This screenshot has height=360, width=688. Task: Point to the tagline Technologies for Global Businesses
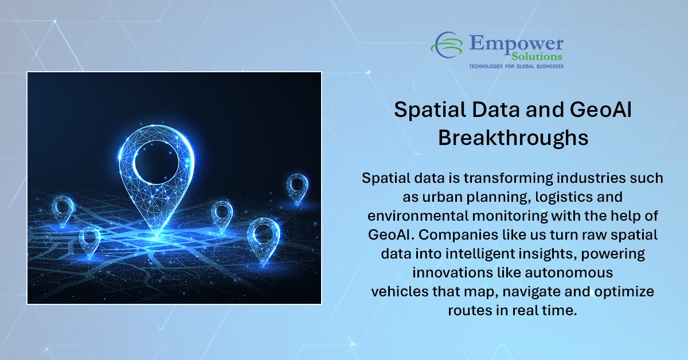click(516, 66)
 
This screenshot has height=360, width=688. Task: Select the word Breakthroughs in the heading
click(513, 138)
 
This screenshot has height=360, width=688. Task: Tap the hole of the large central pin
click(156, 160)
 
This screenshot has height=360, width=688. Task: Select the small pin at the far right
click(297, 187)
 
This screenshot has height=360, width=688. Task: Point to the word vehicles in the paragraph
click(400, 291)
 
